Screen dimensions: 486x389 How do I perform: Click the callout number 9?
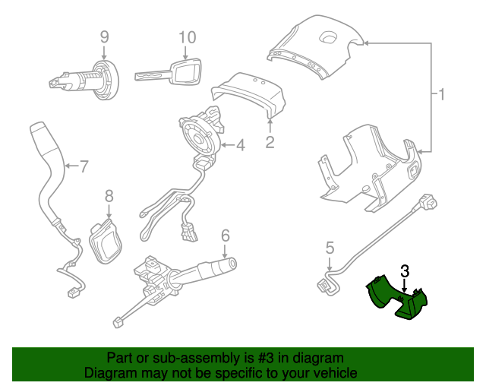point(105,37)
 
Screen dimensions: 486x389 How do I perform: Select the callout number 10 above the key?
point(188,37)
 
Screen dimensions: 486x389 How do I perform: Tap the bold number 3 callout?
point(405,270)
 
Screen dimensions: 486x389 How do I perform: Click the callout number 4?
point(241,145)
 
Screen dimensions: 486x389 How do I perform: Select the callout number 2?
point(270,142)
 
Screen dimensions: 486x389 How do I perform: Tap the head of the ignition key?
point(185,71)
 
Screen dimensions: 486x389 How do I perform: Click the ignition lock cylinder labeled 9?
point(84,80)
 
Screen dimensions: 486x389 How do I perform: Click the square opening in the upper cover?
point(329,37)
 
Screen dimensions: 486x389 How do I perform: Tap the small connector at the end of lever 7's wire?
point(73,293)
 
